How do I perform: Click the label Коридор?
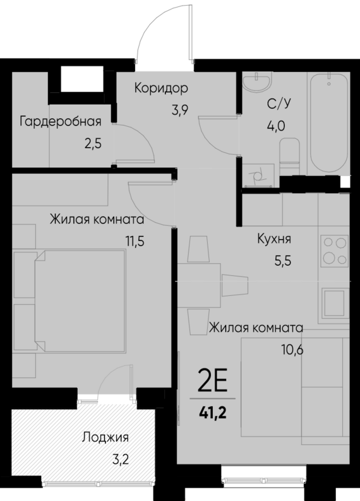[x=161, y=88]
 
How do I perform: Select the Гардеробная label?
[x=61, y=121]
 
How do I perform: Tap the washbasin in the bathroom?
[x=256, y=81]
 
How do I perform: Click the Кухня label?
[x=274, y=239]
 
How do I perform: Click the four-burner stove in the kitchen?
[x=335, y=250]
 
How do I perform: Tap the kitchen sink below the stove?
[x=335, y=304]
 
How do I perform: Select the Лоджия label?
[x=105, y=437]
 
